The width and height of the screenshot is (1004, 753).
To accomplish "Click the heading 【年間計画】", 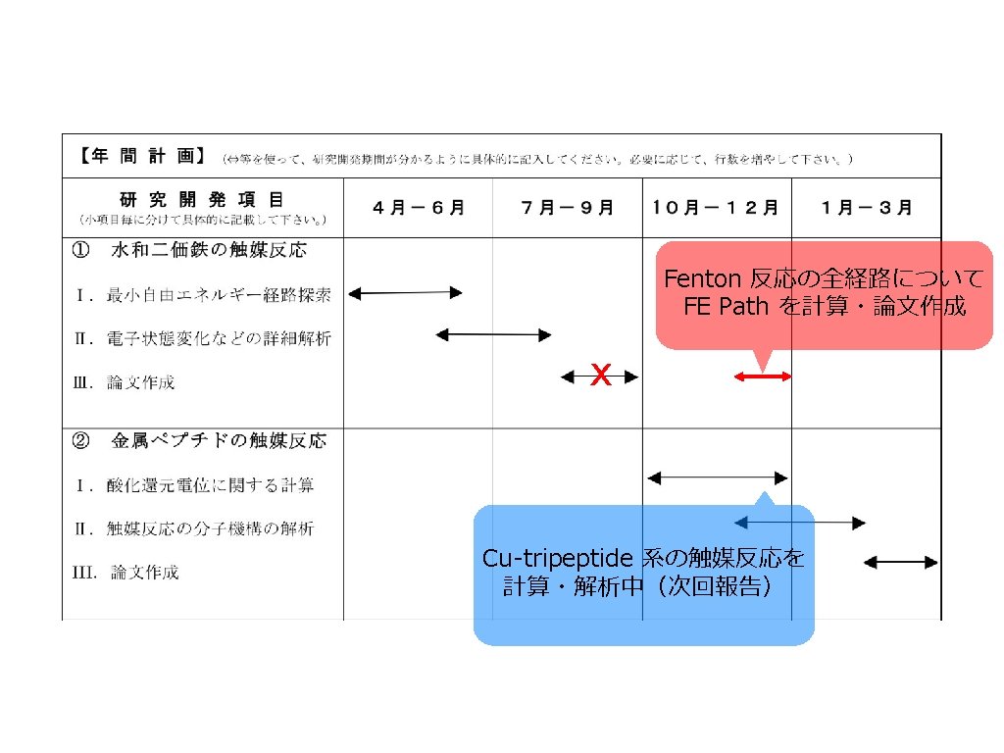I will [141, 157].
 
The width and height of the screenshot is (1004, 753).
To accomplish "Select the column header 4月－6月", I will [419, 208].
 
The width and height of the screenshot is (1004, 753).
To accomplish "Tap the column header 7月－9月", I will [568, 208].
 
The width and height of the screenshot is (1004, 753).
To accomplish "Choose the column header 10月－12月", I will [717, 208].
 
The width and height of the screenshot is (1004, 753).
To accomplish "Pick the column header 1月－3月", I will [867, 208].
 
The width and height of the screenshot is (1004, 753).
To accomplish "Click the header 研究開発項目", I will [203, 200].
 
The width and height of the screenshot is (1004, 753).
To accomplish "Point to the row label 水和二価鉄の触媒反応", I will [208, 250].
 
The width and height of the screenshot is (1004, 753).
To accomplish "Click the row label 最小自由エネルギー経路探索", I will [219, 294].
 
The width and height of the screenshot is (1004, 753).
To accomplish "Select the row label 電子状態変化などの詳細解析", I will [219, 338].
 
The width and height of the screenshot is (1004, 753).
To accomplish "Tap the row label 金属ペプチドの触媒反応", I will [218, 441].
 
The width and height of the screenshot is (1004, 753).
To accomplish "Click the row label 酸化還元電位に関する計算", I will [210, 485].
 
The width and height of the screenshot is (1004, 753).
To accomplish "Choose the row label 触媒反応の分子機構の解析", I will [210, 529].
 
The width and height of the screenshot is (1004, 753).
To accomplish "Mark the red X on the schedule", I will [601, 375].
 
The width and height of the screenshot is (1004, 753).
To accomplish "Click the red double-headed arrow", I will [763, 376].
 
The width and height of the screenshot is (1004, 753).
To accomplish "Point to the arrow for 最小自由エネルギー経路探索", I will [405, 292].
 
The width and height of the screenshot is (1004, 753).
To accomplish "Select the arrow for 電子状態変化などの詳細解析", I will [493, 334].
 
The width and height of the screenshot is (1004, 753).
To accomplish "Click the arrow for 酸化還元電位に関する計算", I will [717, 478].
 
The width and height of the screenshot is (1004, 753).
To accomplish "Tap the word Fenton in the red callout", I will [704, 279].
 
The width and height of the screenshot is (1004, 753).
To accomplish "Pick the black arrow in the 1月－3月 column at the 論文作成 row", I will [901, 562].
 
